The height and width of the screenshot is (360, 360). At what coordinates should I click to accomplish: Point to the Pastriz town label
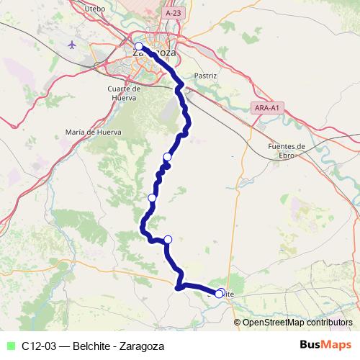[x=205, y=74]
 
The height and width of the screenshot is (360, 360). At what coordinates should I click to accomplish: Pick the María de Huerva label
[x=93, y=132]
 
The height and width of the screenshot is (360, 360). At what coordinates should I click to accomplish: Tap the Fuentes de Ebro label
[x=287, y=150]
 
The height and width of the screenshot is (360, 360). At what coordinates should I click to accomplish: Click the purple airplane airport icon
[x=72, y=45]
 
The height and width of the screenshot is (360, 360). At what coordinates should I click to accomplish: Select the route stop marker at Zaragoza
[x=139, y=47]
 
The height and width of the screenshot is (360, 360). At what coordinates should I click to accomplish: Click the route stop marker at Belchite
[x=220, y=293]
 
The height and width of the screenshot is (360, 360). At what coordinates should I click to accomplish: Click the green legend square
[x=9, y=346]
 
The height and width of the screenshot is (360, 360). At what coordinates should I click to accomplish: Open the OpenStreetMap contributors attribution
[x=297, y=323]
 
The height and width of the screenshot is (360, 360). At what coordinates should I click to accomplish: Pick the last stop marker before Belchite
[x=168, y=240]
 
